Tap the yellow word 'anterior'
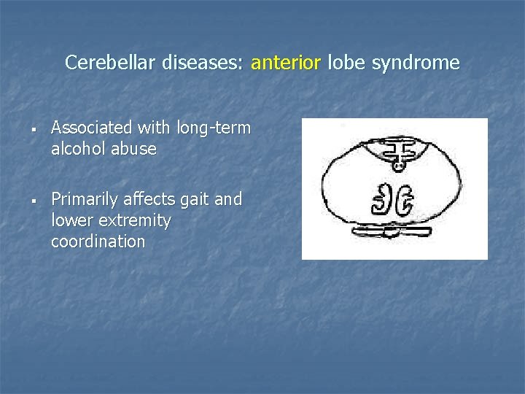(285, 63)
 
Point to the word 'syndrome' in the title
(416, 63)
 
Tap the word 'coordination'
(98, 242)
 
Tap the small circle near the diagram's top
(397, 166)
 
